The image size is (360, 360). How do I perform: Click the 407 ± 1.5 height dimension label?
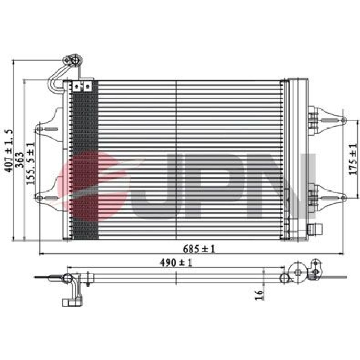9,150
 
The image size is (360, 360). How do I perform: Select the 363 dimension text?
20,160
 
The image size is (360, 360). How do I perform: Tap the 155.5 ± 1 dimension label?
30,164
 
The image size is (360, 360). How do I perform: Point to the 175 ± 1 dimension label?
354,159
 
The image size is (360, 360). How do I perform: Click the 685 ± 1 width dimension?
199,249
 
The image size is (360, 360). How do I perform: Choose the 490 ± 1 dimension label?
176,263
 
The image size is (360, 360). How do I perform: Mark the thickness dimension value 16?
259,295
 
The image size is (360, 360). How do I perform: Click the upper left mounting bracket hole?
40,129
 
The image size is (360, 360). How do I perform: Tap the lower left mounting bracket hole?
40,198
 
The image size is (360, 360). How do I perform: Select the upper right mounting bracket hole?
343,120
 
